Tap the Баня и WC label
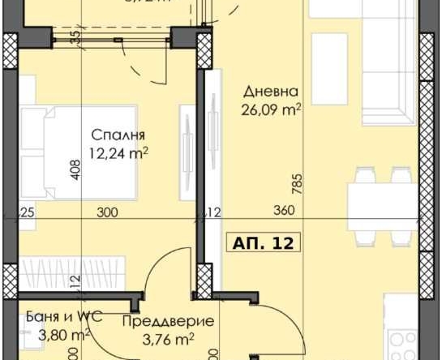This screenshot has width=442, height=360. coord(51,317)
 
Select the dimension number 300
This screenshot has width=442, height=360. coord(106,212)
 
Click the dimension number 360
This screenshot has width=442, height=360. coord(282,212)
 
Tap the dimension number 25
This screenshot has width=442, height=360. coord(27,212)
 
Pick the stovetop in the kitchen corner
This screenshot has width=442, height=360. coord(401,345)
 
